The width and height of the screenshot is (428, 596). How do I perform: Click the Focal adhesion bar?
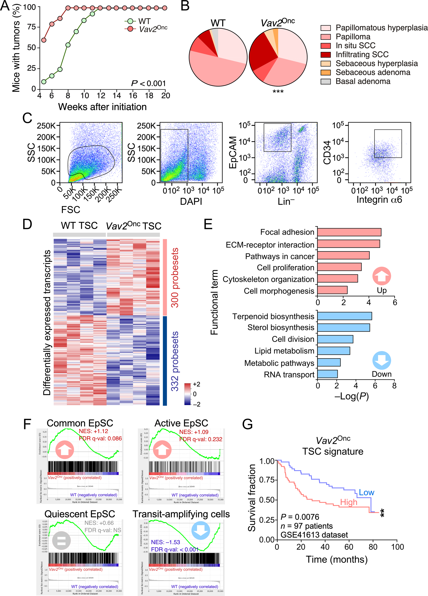[x=349, y=232]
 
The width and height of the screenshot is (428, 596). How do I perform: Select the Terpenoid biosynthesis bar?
[x=344, y=316]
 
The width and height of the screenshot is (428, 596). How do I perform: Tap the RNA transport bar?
[x=327, y=374]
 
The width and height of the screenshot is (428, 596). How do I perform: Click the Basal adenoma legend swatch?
[x=325, y=81]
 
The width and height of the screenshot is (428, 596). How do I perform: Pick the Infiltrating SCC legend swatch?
[x=325, y=55]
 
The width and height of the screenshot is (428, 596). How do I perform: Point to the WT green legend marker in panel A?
[x=130, y=21]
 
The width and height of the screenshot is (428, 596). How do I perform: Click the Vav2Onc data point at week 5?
[x=44, y=40]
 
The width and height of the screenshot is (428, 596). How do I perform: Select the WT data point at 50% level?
[x=68, y=45]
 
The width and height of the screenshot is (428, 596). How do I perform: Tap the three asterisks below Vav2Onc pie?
[x=278, y=92]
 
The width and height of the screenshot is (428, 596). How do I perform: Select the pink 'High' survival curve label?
[x=349, y=502]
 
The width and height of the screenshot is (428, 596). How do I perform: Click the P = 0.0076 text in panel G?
[x=300, y=517]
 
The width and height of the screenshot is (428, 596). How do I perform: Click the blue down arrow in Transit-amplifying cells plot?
[x=200, y=530]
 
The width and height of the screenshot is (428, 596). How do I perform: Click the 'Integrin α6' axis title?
[x=379, y=200]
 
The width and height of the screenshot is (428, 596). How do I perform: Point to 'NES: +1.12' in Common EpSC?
[x=94, y=431]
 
